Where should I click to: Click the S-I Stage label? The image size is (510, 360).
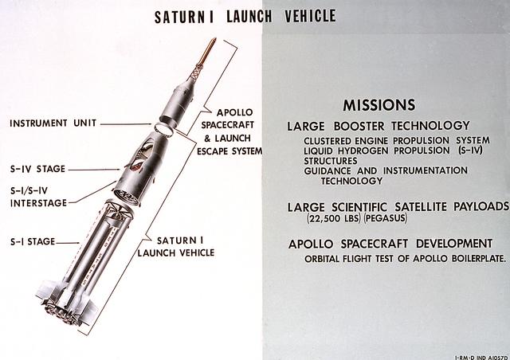tap(33, 241)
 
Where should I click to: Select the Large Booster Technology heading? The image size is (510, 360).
tap(379, 126)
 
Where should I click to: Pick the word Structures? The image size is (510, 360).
tap(331, 160)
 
